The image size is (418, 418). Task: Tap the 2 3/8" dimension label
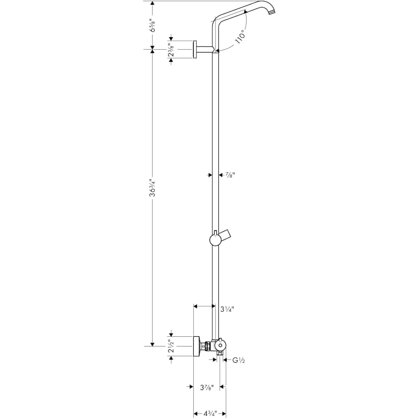pos(171,49)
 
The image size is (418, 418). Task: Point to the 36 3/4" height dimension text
pos(152,195)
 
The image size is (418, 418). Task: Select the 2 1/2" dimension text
pos(172,346)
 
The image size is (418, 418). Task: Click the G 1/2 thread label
pos(238,360)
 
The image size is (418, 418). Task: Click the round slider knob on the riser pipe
pos(215,240)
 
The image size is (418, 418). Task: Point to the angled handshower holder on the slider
pos(228,235)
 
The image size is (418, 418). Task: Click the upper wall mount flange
pos(196,49)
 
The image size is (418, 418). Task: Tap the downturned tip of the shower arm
pos(272,10)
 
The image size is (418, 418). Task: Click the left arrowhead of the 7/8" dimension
pos(209,175)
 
